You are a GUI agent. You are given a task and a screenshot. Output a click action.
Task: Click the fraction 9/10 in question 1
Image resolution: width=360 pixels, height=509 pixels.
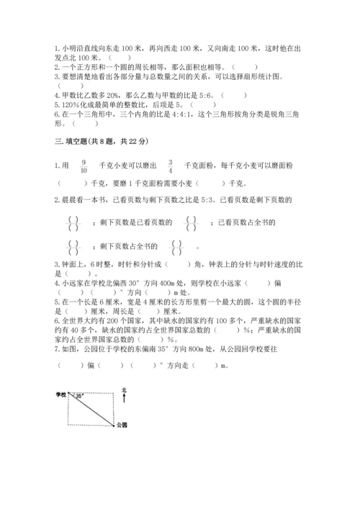[84, 166]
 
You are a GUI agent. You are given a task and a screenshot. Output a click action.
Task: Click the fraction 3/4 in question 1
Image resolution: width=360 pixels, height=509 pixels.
[170, 166]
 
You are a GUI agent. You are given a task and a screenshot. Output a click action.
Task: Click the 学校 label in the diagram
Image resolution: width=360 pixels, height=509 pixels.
[60, 395]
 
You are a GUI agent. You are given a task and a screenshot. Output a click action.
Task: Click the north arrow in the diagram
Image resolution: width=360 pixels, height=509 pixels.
[124, 399]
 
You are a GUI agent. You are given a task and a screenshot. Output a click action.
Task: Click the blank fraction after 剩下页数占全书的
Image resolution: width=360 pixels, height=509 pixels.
[176, 248]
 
